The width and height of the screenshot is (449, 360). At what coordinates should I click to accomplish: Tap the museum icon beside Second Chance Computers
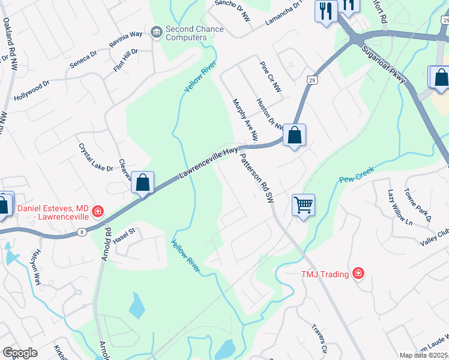pos(157,31)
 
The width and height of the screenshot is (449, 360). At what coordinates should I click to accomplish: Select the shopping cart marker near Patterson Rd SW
pos(303,205)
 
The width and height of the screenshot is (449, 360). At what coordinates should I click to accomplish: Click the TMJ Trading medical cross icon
pos(358,274)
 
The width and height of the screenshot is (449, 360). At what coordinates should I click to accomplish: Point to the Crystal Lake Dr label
pos(95,157)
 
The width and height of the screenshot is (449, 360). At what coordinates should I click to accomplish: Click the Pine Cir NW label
pos(270,77)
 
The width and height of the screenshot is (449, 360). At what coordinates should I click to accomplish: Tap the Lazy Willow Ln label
pos(400,208)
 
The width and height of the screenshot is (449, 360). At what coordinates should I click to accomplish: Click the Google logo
pos(20,353)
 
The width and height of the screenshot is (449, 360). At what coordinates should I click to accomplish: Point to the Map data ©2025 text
pos(423,355)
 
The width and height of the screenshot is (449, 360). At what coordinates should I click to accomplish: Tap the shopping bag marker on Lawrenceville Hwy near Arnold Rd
pos(143,182)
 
